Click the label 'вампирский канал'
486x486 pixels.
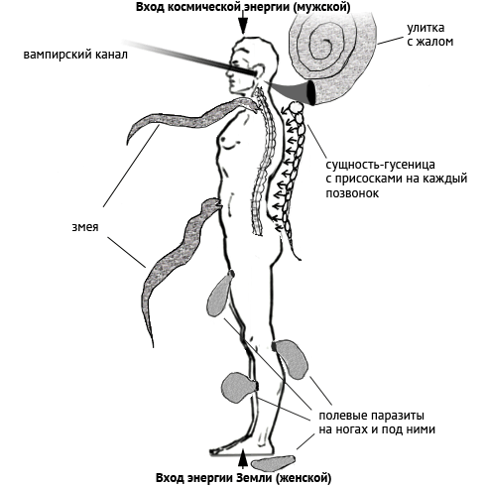coord(75,55)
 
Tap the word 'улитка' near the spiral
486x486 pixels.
coord(425,28)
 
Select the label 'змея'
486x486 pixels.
coord(85,227)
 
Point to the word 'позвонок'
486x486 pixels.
coord(352,193)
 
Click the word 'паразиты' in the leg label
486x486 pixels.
coord(393,416)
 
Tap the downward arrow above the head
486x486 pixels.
coord(243,24)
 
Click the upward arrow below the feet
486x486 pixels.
coord(243,459)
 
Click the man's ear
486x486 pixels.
coord(259,70)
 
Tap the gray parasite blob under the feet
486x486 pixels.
coord(273,463)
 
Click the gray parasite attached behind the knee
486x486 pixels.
coord(292,359)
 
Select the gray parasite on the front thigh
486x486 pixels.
coord(219,293)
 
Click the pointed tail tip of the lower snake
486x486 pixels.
coord(153,346)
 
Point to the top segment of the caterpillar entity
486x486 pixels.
coord(295,107)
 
